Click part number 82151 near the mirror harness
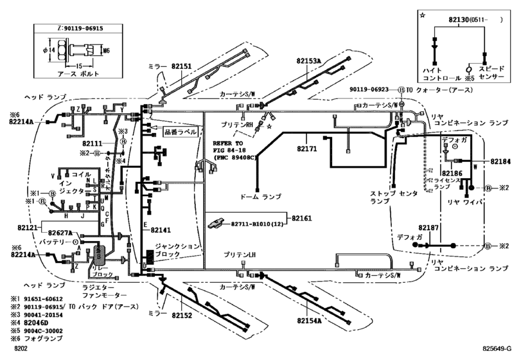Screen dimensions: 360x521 click(x=181, y=66)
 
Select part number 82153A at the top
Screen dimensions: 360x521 click(x=309, y=60)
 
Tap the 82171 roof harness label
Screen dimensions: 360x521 click(x=307, y=148)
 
